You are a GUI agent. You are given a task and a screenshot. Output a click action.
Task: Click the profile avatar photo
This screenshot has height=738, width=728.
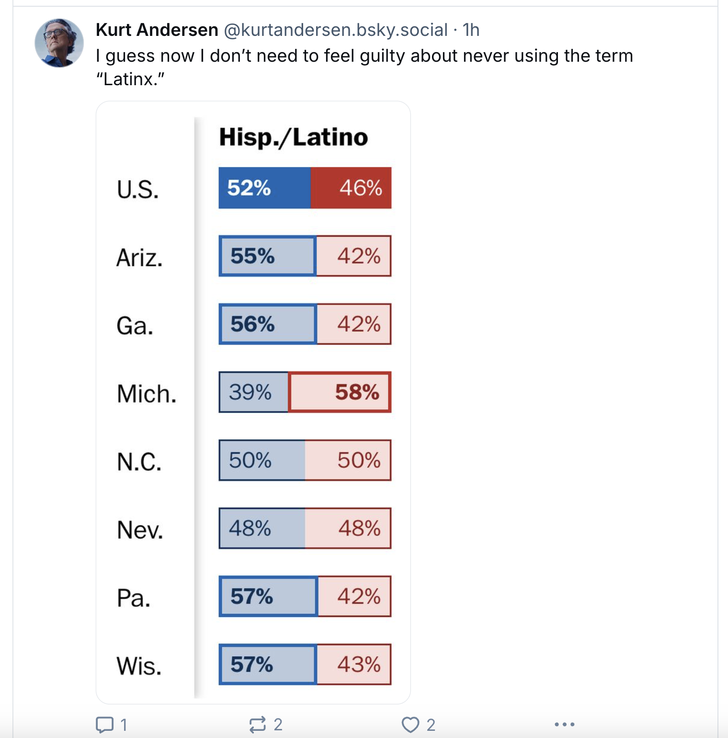tap(59, 43)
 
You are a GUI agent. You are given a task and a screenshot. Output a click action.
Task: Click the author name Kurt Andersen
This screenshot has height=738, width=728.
tap(157, 30)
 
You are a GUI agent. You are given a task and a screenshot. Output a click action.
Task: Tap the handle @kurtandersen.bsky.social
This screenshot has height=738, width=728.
tap(335, 30)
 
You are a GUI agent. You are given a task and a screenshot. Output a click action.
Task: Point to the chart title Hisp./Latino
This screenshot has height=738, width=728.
tap(293, 137)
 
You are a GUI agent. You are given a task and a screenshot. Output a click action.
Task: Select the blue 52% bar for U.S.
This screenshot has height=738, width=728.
tap(264, 188)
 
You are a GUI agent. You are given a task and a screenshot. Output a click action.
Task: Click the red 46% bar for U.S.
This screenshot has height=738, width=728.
tap(351, 188)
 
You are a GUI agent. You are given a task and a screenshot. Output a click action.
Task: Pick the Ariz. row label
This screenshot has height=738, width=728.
tap(139, 258)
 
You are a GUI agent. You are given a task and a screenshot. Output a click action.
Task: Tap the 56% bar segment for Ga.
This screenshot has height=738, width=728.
tap(268, 324)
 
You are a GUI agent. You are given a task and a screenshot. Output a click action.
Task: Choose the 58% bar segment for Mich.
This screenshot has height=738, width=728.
tap(340, 392)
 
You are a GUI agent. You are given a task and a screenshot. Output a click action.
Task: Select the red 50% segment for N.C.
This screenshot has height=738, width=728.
tap(348, 460)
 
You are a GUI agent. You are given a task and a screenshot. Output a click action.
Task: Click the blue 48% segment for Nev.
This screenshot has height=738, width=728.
tap(262, 528)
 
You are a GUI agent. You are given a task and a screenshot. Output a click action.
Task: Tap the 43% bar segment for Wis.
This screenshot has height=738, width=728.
tap(354, 664)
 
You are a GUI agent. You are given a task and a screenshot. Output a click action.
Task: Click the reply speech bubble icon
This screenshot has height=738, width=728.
tap(104, 725)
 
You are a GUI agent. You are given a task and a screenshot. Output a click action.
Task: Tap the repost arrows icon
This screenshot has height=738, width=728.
tap(258, 725)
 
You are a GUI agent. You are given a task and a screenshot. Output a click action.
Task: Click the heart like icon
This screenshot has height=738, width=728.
tap(410, 725)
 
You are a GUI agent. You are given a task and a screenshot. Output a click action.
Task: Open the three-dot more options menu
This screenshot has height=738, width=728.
tap(565, 725)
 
